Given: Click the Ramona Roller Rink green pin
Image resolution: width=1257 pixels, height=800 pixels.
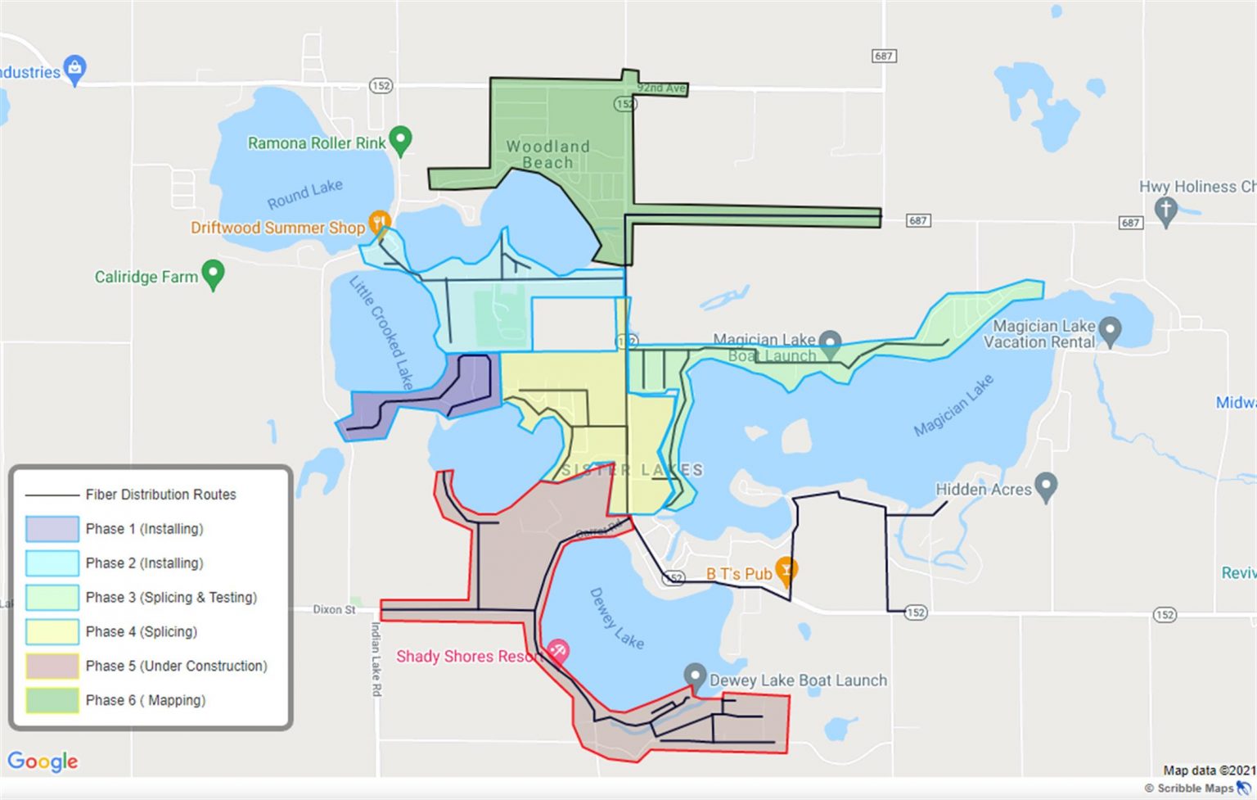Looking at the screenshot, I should [x=400, y=140].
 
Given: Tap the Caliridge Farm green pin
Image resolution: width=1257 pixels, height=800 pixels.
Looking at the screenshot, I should [x=213, y=273].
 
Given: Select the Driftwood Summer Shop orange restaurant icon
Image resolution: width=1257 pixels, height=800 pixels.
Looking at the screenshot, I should [x=379, y=222].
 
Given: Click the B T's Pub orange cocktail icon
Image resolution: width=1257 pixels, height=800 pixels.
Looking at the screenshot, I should [x=786, y=570].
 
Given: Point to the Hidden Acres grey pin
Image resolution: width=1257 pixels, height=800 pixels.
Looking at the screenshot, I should [x=1046, y=486].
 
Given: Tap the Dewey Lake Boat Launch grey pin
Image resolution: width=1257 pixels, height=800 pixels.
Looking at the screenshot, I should [x=695, y=676].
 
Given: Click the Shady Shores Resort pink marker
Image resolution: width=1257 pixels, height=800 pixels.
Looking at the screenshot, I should [x=558, y=652].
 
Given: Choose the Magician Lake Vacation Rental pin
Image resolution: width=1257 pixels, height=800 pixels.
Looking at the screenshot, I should [x=1110, y=331].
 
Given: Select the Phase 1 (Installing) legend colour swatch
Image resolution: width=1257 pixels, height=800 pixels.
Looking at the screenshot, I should [x=52, y=529].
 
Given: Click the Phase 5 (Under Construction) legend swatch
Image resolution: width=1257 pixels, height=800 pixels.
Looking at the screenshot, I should [x=52, y=666].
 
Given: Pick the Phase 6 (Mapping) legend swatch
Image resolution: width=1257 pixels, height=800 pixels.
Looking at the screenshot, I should [x=52, y=700].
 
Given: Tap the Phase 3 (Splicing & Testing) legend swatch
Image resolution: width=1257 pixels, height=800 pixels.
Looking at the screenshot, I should [x=52, y=597].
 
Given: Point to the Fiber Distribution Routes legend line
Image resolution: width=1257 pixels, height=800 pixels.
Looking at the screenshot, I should [x=52, y=495].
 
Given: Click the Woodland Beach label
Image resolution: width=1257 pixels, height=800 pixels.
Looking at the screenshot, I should [x=547, y=154].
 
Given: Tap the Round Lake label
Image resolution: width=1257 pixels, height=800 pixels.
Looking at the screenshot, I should [x=304, y=194].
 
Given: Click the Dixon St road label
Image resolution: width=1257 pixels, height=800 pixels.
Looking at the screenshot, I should [x=334, y=609].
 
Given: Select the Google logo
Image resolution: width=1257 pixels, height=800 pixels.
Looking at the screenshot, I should [x=43, y=762].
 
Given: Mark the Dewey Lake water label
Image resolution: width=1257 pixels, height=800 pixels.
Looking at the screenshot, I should [x=616, y=619].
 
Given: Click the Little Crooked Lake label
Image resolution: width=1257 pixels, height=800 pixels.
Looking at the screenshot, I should [x=381, y=332].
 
